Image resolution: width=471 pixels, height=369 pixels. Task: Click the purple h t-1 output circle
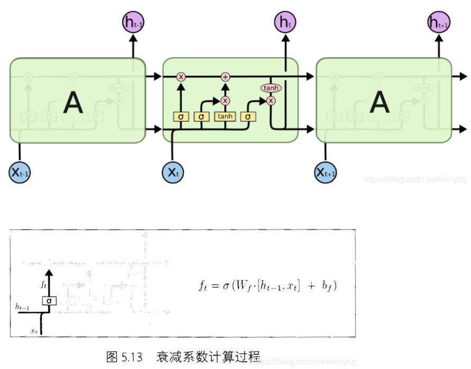coord(133,22)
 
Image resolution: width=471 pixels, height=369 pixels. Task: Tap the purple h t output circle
coord(285,22)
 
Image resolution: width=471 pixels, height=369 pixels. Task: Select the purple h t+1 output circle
coord(439,22)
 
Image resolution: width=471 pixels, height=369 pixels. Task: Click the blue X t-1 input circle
coord(20,172)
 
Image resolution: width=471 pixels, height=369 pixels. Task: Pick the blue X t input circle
coord(173,172)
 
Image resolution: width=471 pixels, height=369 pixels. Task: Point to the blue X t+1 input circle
coord(325,172)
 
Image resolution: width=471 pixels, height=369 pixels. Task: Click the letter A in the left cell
coord(73,103)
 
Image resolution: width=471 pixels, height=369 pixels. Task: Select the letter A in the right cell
coord(379,103)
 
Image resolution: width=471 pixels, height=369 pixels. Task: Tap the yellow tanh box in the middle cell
coord(225,116)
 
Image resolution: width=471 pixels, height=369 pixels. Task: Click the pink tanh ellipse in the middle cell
coord(271,88)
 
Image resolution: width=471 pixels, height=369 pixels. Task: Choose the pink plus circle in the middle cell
coord(225,77)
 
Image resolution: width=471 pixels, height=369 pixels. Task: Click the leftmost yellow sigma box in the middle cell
coord(180,116)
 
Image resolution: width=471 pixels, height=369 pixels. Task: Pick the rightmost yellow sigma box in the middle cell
coord(248,116)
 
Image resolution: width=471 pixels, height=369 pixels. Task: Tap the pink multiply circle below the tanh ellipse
coord(271,100)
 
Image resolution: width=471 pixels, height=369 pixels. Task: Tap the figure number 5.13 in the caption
coord(132,357)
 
